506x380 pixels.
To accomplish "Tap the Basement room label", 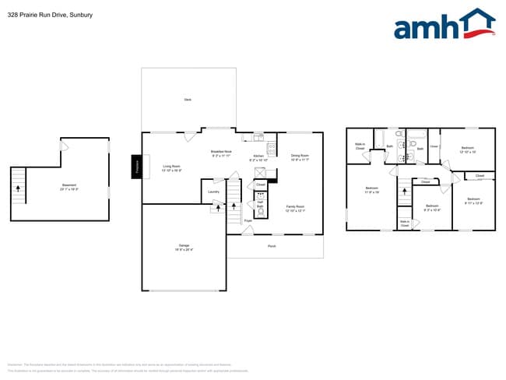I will pos(69,187).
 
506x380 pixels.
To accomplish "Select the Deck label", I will pos(188,100).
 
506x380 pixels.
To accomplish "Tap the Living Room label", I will pos(171,167).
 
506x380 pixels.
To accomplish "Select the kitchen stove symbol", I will pos(271,148).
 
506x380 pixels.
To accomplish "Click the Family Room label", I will pos(295,209).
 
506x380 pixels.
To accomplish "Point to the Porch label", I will pos(272,247).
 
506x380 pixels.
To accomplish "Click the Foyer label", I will pos(248,221).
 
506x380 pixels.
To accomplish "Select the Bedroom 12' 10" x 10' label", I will pos(467,150).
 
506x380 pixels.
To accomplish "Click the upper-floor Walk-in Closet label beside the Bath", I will pos(360,146).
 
